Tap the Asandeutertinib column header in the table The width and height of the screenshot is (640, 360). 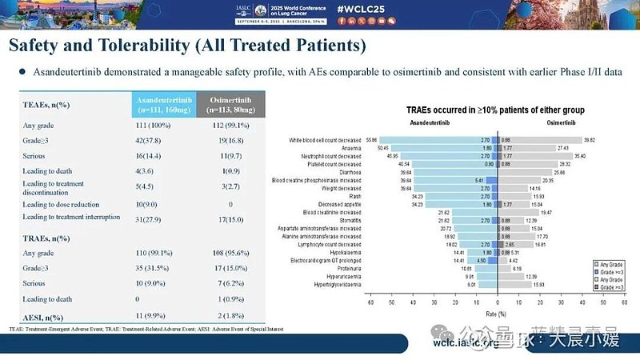(164, 104)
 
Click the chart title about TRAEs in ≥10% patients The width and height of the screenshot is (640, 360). (495, 109)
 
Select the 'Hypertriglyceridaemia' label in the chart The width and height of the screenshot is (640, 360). (334, 284)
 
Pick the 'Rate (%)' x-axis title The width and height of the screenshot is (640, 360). (498, 315)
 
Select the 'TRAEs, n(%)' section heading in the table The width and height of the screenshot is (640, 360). (48, 238)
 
